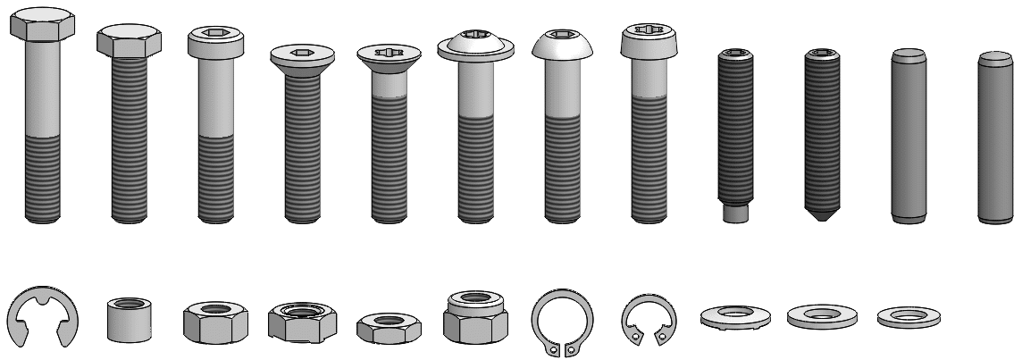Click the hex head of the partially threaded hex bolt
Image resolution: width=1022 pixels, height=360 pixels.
[43, 23]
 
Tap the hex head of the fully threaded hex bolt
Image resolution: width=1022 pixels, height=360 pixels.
[129, 41]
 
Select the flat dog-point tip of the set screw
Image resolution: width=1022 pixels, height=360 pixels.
[735, 213]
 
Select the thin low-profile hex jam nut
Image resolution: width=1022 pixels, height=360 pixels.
[388, 327]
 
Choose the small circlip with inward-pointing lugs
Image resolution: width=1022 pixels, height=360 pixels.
[648, 322]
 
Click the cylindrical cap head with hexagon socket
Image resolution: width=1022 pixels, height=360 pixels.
[215, 41]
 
